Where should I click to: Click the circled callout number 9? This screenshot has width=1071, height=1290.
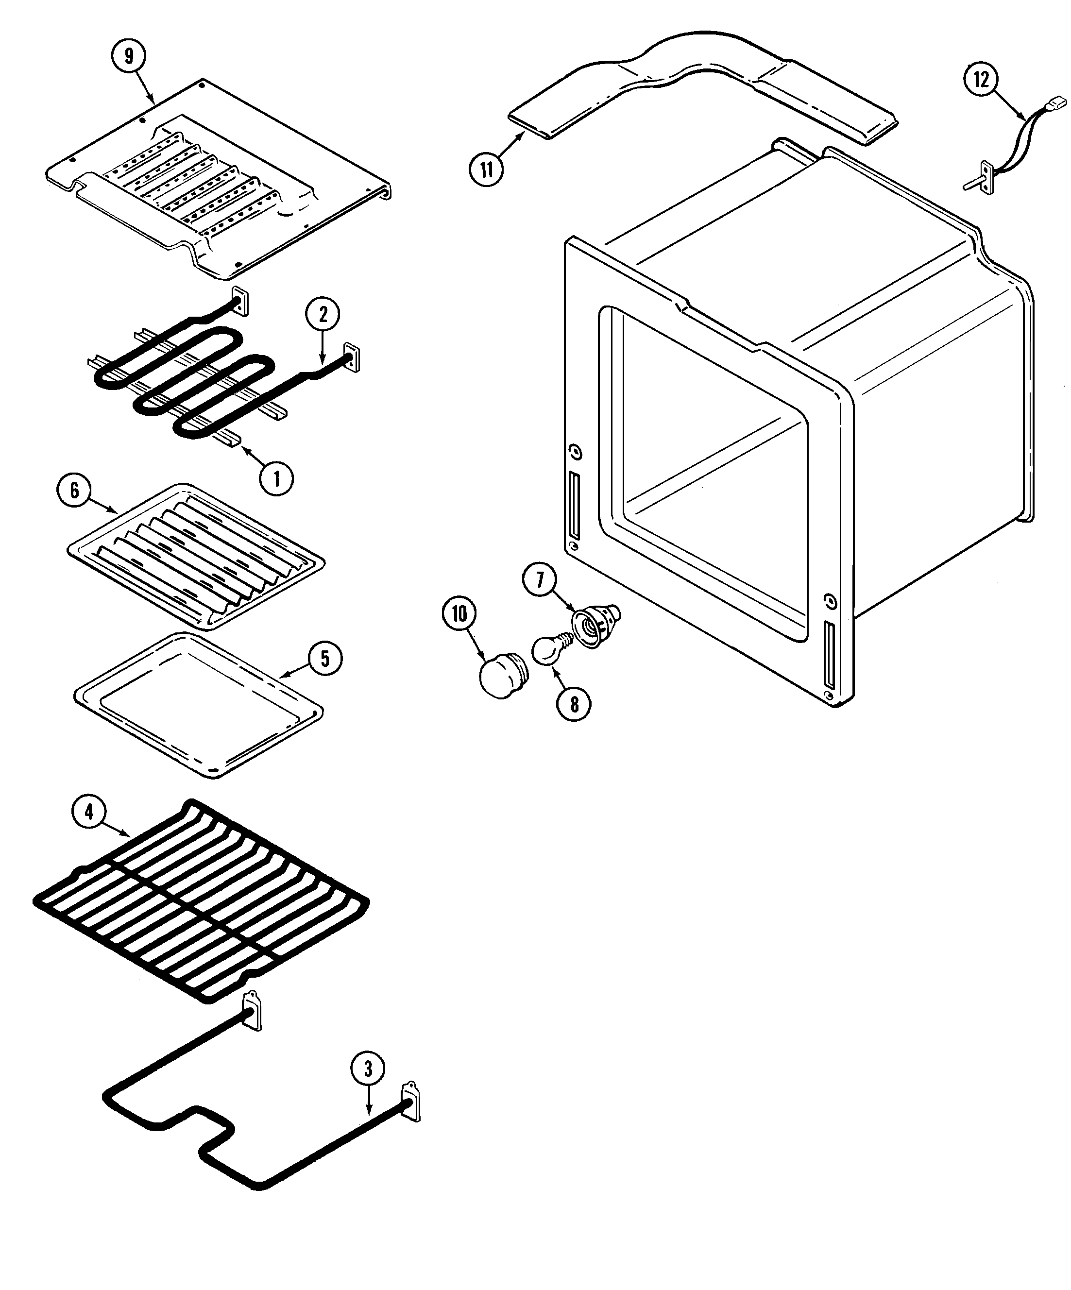coord(128,56)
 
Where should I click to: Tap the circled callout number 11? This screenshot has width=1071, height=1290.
coord(487,169)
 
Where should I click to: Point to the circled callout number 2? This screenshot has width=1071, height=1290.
coord(323,315)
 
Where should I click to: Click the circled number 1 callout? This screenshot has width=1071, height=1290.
coord(276,478)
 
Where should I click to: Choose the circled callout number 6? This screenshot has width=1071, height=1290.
coord(74,490)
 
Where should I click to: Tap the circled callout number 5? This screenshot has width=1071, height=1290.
coord(325,659)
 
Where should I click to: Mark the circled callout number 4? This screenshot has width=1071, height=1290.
coord(89,812)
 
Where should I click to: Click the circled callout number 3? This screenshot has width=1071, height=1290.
coord(368,1069)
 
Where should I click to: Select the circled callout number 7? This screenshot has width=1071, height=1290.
coord(540,580)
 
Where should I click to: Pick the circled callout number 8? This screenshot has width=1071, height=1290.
coord(574,704)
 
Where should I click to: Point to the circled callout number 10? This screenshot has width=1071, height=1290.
coord(459,614)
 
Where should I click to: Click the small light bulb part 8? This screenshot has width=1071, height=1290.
coord(545,651)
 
